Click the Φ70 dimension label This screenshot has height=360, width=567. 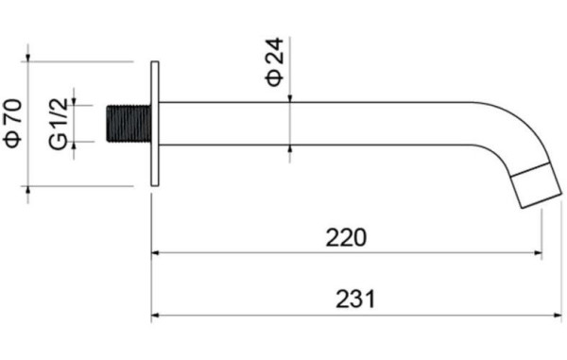[x=12, y=124]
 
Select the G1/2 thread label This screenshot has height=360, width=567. [x=59, y=124]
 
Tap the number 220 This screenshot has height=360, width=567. [x=346, y=237]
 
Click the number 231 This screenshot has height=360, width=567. [x=355, y=300]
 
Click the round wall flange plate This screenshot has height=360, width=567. [x=155, y=124]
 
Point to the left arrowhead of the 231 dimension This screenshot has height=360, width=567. [x=157, y=317]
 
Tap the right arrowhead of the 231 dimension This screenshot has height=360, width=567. [x=558, y=317]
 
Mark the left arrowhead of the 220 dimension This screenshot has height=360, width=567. [x=157, y=253]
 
